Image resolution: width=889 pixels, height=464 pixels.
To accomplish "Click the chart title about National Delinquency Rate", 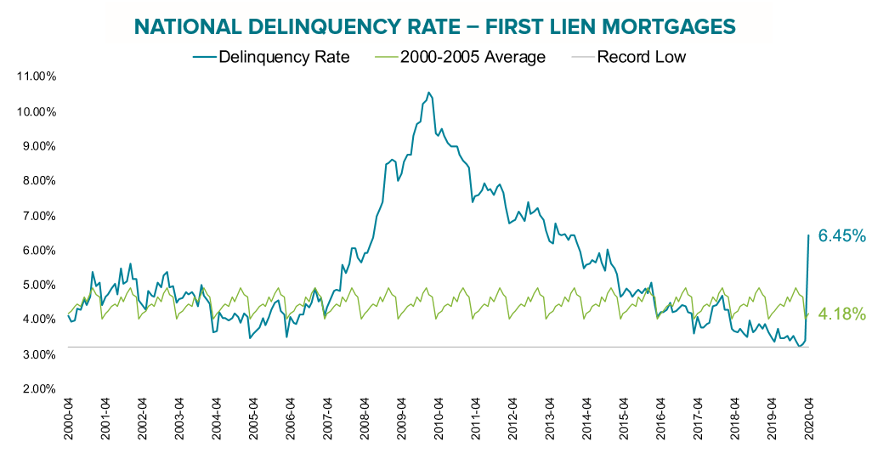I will click(x=434, y=28).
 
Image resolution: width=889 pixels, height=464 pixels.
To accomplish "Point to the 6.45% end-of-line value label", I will click(x=841, y=236).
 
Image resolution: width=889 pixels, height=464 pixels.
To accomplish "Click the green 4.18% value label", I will click(x=841, y=314).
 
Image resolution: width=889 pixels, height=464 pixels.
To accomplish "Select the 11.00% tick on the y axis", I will click(x=36, y=76).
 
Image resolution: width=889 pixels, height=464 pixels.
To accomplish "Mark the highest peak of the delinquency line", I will click(x=428, y=92).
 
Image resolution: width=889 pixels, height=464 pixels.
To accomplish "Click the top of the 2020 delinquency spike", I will click(x=807, y=235).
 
